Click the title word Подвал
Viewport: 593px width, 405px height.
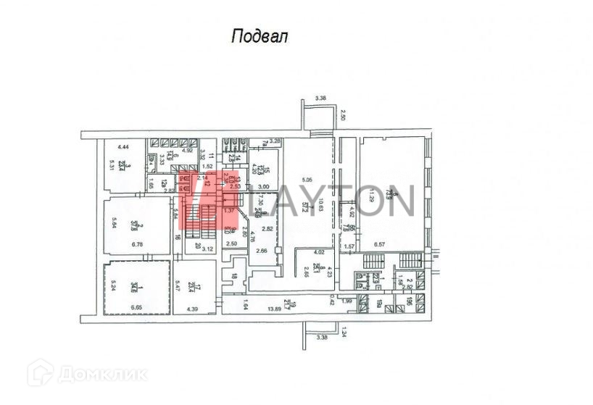(259, 37)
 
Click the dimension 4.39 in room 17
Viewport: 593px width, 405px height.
(194, 309)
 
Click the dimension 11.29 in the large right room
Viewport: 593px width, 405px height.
(370, 196)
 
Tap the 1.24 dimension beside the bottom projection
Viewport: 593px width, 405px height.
(345, 334)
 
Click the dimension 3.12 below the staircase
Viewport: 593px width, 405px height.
(207, 249)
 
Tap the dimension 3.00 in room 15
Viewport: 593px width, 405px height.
(264, 187)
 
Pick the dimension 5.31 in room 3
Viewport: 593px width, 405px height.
(112, 166)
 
